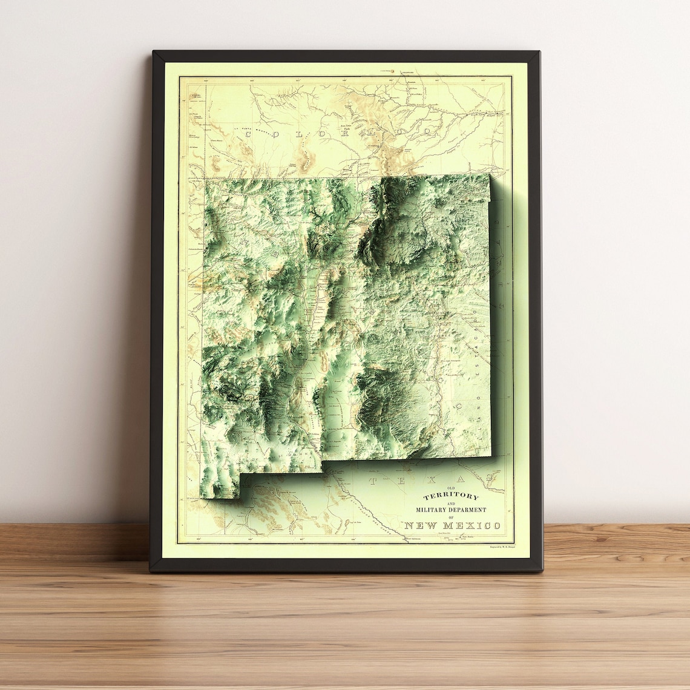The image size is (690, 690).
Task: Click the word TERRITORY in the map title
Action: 450,497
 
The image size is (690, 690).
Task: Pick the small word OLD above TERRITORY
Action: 450,488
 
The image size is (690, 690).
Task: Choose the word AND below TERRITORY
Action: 451,504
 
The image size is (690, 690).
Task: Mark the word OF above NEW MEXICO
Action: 451,517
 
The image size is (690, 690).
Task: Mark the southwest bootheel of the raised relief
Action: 221,487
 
